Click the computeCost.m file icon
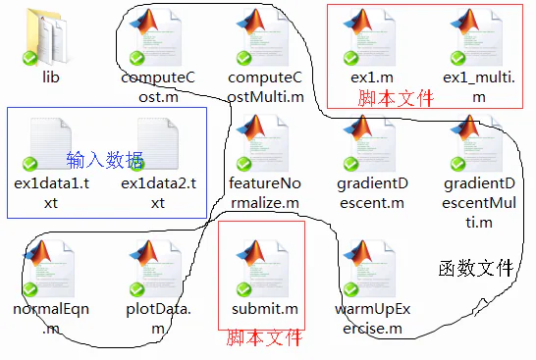pos(156,37)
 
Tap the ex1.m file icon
pos(370,37)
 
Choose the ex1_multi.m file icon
pos(478,37)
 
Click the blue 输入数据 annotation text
pos(104,159)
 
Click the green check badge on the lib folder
pos(31,59)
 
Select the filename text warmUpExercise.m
pos(370,319)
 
